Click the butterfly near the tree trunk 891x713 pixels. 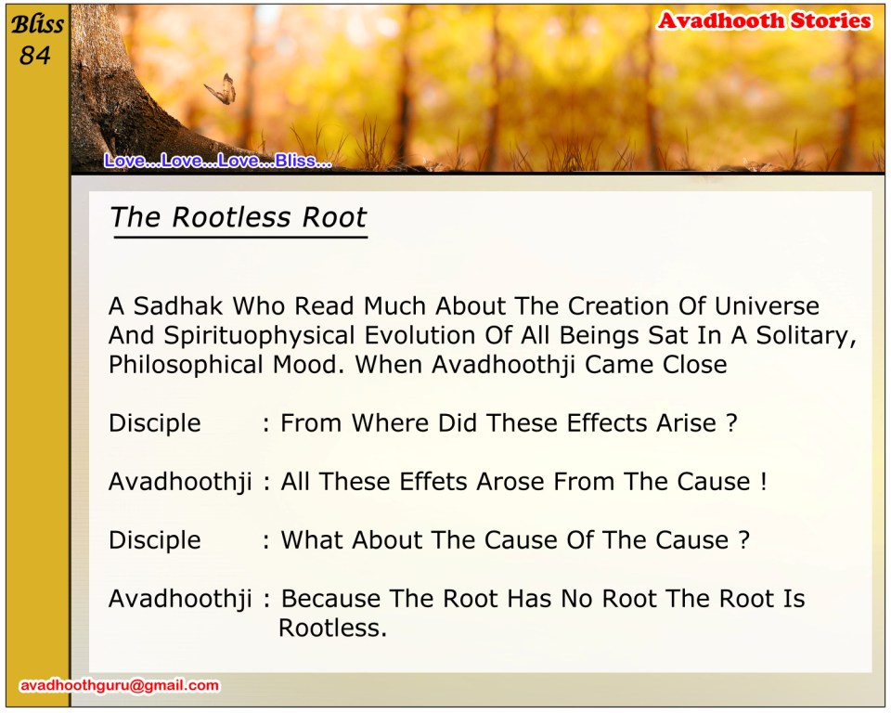coord(221,89)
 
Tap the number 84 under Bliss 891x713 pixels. coord(34,55)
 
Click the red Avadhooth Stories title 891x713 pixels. coord(764,20)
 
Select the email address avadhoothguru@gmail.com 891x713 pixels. coord(120,685)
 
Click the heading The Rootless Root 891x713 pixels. coord(239,217)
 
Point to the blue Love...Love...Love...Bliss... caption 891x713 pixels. coord(217,161)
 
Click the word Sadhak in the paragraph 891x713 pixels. coord(178,305)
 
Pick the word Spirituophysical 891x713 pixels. coord(260,336)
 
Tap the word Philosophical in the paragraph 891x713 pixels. coord(186,365)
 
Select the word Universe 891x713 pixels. coord(767,305)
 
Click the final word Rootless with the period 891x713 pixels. coord(332,629)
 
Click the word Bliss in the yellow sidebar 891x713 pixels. coord(37,24)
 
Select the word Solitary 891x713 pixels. coord(807,336)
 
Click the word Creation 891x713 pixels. coord(618,305)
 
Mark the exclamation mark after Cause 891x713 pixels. coord(764,482)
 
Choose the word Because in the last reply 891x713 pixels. coord(330,599)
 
